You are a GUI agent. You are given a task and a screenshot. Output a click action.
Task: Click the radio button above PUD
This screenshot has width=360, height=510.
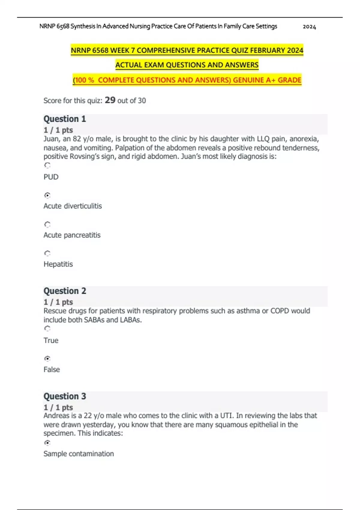point(47,165)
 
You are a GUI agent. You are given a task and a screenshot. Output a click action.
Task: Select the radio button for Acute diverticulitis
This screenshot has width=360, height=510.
point(47,195)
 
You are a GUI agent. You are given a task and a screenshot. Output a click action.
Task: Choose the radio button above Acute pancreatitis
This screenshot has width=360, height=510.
point(47,224)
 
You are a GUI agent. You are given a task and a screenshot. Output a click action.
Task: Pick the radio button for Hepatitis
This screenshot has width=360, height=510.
point(47,253)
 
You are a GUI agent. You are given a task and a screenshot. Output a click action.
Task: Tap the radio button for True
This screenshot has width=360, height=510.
point(47,329)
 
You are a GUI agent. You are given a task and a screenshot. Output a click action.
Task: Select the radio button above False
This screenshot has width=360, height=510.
point(47,358)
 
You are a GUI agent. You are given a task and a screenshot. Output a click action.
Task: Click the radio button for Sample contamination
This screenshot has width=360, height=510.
point(47,443)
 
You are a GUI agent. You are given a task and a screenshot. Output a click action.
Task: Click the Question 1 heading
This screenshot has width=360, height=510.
point(65,119)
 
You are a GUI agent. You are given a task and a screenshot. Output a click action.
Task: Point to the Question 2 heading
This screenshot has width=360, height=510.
point(65,291)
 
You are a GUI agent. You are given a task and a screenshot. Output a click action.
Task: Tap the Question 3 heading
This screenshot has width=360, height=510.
point(65,396)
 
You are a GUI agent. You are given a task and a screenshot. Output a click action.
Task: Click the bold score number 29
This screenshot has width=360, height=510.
point(110,100)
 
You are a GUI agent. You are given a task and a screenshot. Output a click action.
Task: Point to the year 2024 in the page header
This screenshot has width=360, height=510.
point(309,27)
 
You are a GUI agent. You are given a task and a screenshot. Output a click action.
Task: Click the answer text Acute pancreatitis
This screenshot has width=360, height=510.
point(72,235)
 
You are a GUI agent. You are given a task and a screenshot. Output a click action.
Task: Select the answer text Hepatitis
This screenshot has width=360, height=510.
point(58,264)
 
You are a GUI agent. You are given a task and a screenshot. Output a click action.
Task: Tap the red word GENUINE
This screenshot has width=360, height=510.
point(248,80)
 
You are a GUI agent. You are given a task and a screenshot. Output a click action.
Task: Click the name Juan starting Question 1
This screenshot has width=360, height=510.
point(51,139)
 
